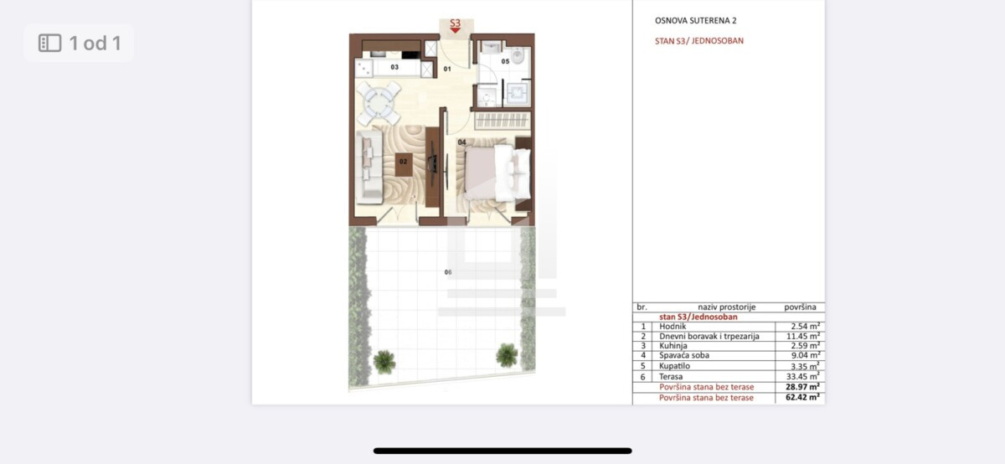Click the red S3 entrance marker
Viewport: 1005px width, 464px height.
tap(456, 25)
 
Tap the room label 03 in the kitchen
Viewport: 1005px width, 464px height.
tap(394, 67)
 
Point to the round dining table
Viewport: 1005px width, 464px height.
tap(379, 103)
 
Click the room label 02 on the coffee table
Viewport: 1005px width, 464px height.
tap(404, 162)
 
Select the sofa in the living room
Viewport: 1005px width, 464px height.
tap(368, 167)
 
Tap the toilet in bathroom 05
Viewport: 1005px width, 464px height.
tap(518, 56)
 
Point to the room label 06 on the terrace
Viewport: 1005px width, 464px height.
tap(448, 272)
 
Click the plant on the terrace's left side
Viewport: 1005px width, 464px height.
tap(384, 362)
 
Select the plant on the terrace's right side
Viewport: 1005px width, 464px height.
tap(507, 355)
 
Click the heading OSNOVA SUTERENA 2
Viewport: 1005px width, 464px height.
tap(695, 21)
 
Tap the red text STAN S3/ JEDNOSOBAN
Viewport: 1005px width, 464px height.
tap(699, 41)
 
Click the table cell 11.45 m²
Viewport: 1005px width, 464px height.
tap(802, 336)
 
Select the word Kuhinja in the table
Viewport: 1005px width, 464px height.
tap(673, 346)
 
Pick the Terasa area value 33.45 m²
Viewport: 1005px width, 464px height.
tap(802, 376)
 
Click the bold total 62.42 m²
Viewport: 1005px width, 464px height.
tap(802, 397)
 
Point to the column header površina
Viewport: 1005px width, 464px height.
tap(800, 307)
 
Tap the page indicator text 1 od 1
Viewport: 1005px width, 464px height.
tap(95, 43)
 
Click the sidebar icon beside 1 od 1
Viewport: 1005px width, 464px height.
tap(49, 43)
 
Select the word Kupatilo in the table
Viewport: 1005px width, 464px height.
tap(674, 366)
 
